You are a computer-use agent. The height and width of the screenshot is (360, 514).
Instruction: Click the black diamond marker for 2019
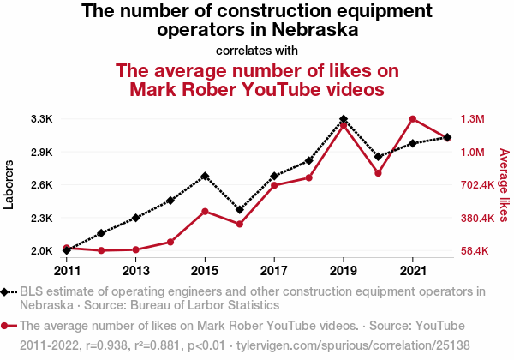click(x=344, y=119)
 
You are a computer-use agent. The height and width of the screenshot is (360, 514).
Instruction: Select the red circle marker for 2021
click(x=413, y=119)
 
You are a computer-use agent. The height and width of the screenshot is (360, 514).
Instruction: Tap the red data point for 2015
click(x=205, y=211)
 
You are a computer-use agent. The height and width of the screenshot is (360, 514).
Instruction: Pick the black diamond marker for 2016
click(x=240, y=210)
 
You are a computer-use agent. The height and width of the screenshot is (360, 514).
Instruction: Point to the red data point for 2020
click(x=378, y=173)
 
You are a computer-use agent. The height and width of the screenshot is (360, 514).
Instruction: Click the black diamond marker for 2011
click(x=67, y=250)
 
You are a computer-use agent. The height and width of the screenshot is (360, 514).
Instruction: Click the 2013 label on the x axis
click(x=135, y=270)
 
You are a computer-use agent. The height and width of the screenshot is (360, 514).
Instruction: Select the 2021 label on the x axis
click(x=413, y=270)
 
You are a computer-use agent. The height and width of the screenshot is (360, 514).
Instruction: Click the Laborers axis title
click(x=9, y=184)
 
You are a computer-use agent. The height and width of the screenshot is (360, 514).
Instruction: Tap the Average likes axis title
click(x=505, y=184)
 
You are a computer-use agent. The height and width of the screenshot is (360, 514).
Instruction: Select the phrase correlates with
click(x=257, y=49)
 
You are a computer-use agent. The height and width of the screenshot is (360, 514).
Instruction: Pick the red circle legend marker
click(x=8, y=327)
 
